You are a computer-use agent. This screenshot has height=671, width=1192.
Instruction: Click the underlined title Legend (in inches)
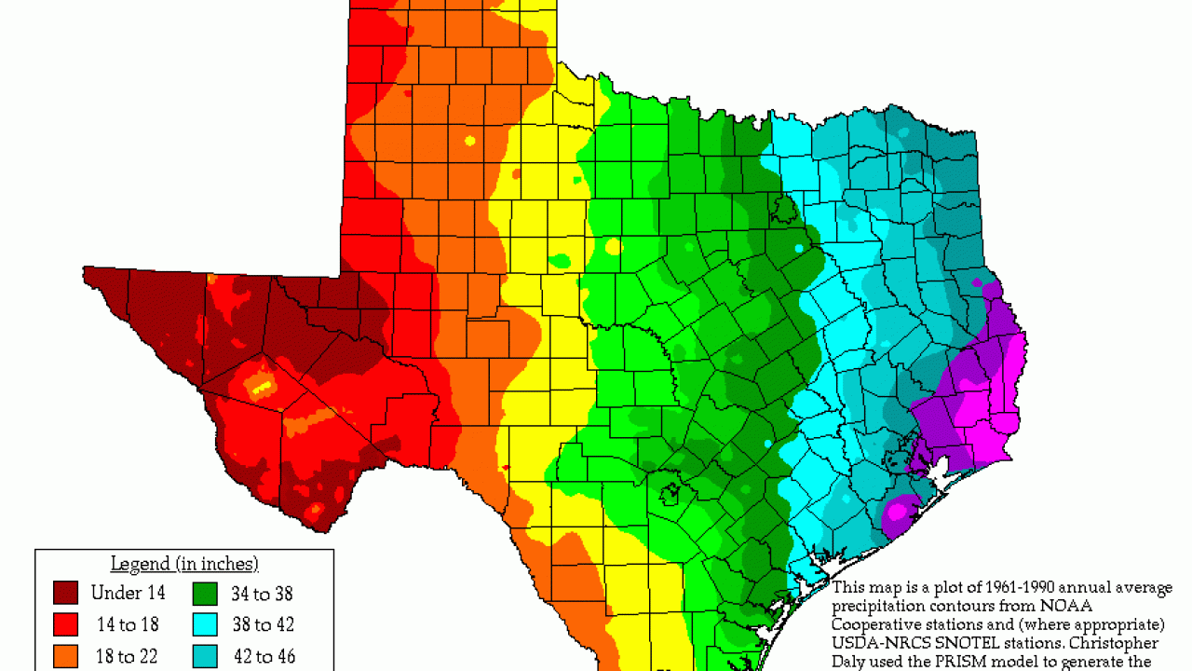click(184, 564)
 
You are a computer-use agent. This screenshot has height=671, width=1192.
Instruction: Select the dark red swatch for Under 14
click(65, 593)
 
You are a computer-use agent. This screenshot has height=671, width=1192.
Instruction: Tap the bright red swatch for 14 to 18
click(65, 624)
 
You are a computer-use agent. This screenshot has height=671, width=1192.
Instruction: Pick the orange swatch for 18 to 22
click(65, 656)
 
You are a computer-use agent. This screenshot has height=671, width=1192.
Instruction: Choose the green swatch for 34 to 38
click(206, 593)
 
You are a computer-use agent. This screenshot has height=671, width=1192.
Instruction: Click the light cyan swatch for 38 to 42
click(206, 624)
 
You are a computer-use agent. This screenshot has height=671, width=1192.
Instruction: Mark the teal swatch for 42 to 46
click(206, 656)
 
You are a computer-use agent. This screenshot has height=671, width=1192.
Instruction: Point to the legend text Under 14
click(129, 593)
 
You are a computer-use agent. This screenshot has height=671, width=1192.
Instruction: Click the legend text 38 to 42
click(263, 624)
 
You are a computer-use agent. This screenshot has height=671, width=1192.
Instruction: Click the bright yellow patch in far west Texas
click(262, 383)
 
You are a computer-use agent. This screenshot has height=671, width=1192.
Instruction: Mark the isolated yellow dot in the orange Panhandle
click(470, 141)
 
